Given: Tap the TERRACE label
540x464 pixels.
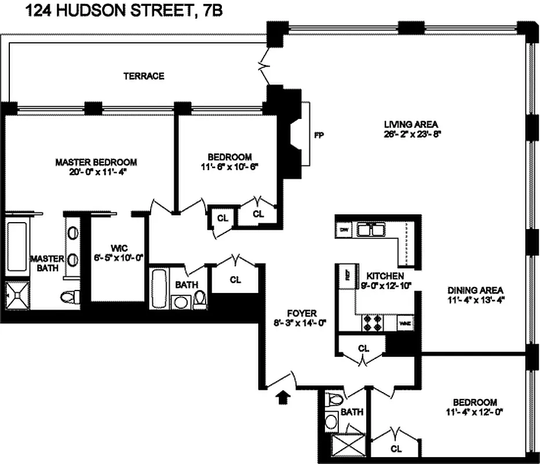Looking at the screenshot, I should point(144,76).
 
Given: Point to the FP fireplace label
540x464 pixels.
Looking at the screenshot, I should point(318,136).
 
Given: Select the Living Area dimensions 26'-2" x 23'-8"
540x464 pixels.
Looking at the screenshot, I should point(411,133).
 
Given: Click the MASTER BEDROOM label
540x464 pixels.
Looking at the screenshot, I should point(96,162).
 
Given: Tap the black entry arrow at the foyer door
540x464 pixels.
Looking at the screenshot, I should point(283,397).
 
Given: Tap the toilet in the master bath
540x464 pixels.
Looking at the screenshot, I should point(68,296).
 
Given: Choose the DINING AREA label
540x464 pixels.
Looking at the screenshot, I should point(475,291).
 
